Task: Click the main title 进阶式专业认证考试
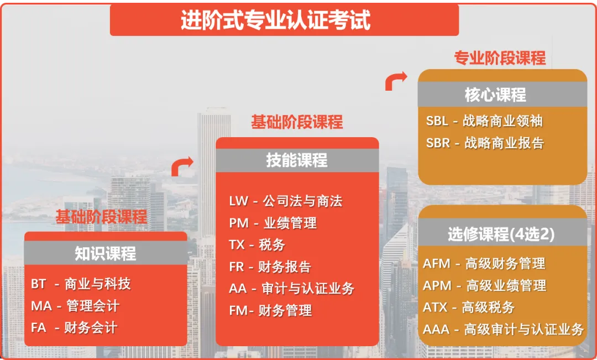tap(276, 20)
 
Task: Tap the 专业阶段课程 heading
tap(500, 58)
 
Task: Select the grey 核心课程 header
tap(495, 95)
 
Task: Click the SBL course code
tap(437, 121)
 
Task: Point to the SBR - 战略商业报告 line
tap(485, 143)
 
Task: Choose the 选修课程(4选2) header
tap(501, 234)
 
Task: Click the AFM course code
tap(437, 264)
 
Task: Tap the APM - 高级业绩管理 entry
tap(485, 286)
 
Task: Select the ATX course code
tap(435, 307)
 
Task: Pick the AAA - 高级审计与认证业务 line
tap(504, 330)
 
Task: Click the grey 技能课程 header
tap(297, 160)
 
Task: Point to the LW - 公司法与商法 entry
tap(286, 201)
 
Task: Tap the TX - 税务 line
tap(257, 244)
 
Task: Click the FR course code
tap(237, 267)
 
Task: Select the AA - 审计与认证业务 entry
tap(292, 288)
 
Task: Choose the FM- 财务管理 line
tap(271, 310)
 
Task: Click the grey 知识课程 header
tap(106, 253)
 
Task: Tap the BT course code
tap(39, 284)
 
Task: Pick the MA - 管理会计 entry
tap(75, 306)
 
